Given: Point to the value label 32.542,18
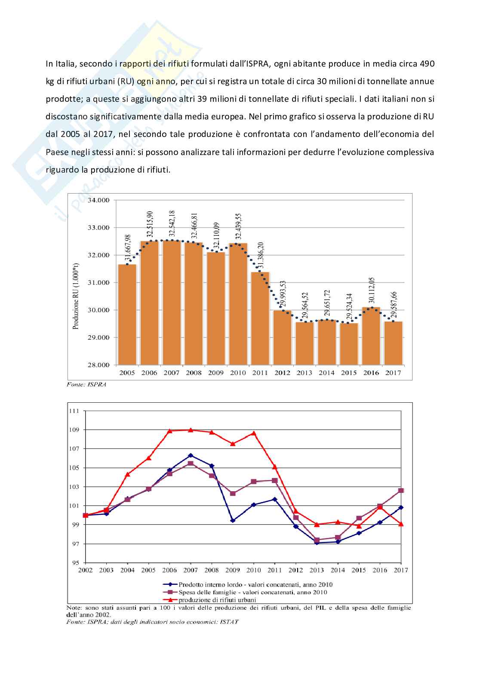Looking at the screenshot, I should [172, 224].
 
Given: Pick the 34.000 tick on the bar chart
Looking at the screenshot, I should [99, 200].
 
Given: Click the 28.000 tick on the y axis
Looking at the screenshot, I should [99, 365].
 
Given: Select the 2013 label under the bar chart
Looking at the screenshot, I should [305, 373].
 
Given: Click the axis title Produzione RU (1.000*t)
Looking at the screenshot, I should [76, 296].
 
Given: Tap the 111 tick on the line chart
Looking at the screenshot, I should [74, 411].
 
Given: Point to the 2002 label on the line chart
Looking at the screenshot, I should [86, 570].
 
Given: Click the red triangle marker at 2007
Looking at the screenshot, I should [191, 430].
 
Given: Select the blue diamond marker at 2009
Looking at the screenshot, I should [233, 520].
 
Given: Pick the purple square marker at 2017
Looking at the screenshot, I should [401, 490].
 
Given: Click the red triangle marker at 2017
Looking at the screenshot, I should [401, 524].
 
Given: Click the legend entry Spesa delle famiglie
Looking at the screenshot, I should [252, 592].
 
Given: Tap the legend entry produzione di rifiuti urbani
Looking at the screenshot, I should [217, 600].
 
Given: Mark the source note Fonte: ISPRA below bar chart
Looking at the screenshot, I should [86, 384].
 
